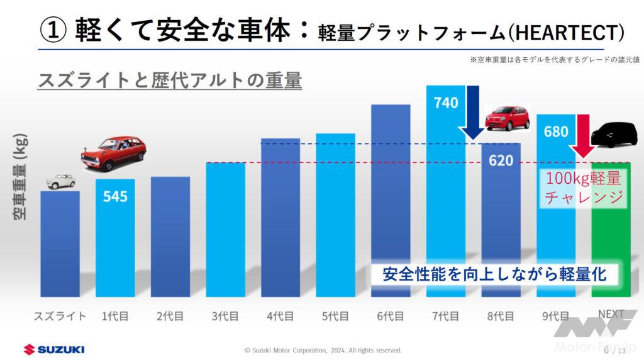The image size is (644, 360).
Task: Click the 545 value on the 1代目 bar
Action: click(115, 196)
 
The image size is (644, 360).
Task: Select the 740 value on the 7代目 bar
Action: click(446, 102)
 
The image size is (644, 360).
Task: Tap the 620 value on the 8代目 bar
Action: click(501, 160)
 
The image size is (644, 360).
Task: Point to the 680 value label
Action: click(556, 132)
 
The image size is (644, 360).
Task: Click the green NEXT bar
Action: click(611, 239)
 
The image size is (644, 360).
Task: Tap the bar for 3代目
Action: click(225, 229)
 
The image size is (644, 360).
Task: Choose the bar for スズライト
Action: click(60, 243)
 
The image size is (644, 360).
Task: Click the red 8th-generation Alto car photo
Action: click(507, 118)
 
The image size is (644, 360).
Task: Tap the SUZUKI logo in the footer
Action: click(53, 349)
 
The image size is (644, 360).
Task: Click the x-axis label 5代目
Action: click(335, 316)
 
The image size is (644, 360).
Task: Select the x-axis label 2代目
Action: click(170, 316)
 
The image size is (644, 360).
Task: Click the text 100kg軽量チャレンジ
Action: click(584, 188)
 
